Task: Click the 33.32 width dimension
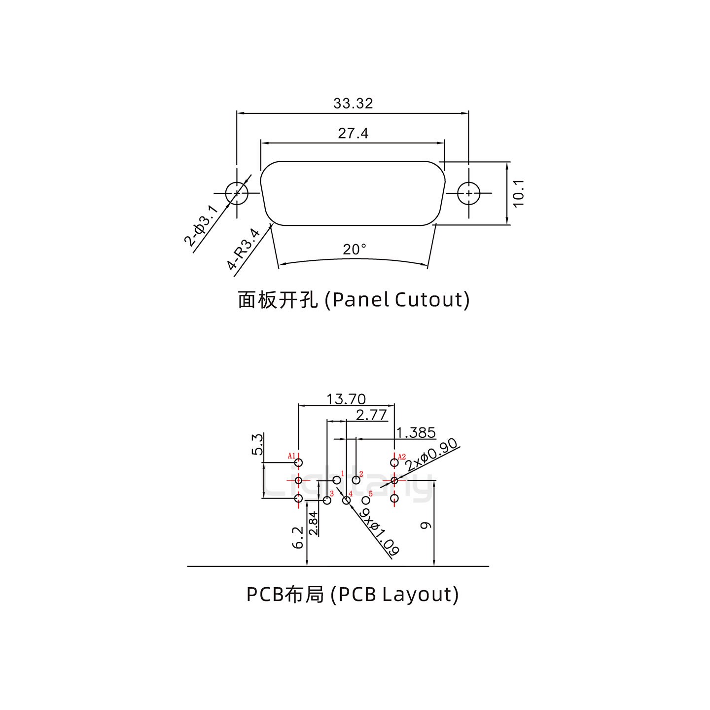353,104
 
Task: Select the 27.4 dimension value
353,133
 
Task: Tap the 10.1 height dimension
518,193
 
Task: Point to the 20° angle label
355,249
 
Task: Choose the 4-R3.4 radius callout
244,248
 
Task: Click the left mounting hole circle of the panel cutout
237,193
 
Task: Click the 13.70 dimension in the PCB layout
346,398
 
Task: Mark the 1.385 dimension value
416,433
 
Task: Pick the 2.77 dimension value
371,415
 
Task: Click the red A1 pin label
291,456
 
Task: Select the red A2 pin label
402,457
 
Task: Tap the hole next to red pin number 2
356,480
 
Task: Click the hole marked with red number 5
366,500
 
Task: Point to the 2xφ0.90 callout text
431,454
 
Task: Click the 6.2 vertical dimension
298,537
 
